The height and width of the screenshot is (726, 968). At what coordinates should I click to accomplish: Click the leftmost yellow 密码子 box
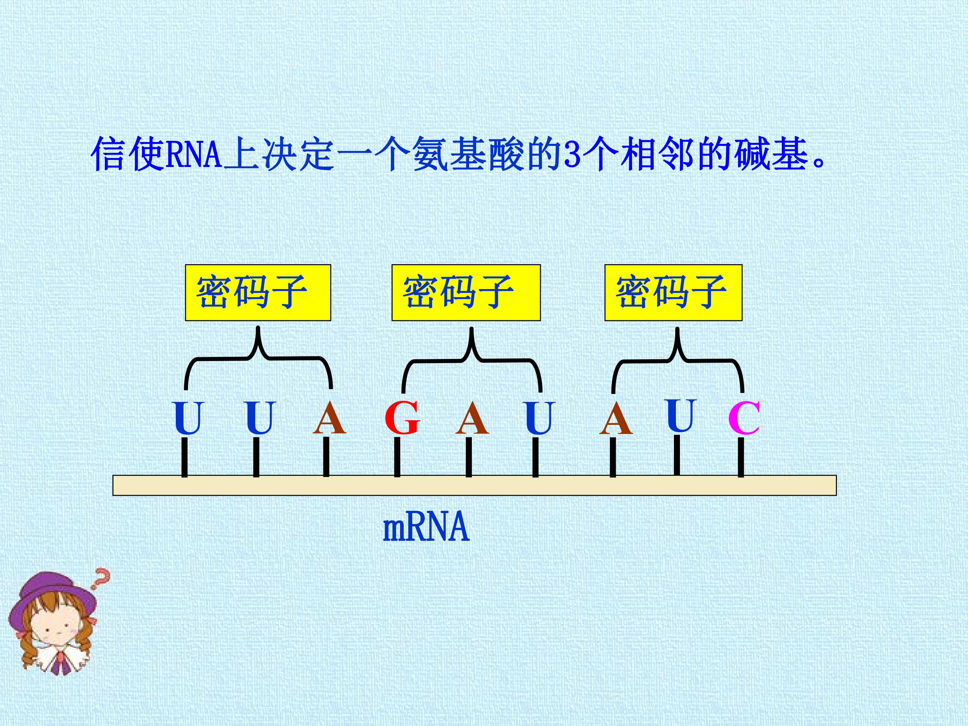tap(258, 293)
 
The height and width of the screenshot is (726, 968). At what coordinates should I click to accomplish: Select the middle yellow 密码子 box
tap(466, 293)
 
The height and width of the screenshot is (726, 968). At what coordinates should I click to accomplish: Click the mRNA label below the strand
tap(426, 527)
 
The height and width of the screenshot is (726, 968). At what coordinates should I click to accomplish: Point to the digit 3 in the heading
tap(571, 154)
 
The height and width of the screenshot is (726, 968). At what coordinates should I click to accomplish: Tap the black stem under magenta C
tap(741, 457)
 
